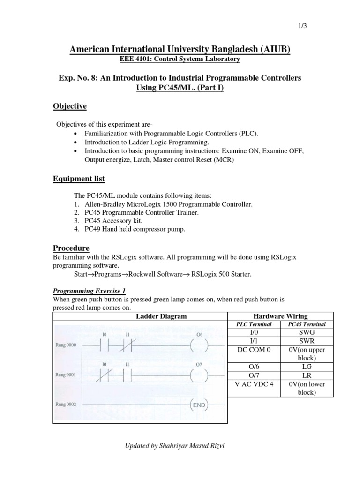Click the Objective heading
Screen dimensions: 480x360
[x=70, y=106]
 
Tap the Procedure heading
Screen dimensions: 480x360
[x=71, y=247]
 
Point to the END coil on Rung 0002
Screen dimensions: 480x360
[x=199, y=405]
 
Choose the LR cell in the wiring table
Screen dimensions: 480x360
[x=307, y=375]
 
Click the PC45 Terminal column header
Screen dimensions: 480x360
[x=307, y=324]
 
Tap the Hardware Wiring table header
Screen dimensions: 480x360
[x=280, y=316]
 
